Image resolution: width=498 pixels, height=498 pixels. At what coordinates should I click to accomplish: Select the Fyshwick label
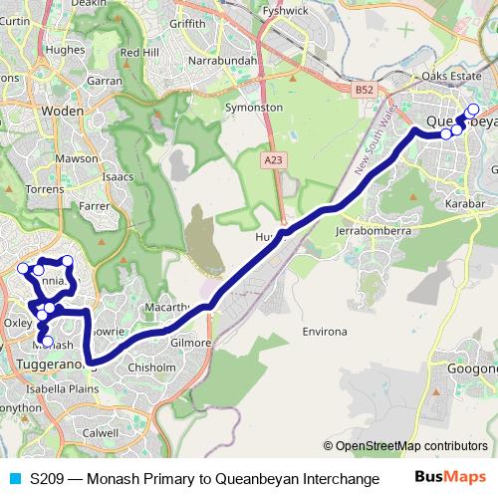pyautogui.click(x=291, y=12)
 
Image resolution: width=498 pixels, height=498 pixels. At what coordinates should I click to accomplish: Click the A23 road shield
pyautogui.click(x=274, y=159)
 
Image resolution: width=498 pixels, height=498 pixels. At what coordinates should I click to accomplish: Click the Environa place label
pyautogui.click(x=326, y=330)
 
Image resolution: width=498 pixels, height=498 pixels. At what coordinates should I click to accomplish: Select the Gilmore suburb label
pyautogui.click(x=190, y=343)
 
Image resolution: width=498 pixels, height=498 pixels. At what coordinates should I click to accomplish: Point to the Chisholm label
pyautogui.click(x=152, y=367)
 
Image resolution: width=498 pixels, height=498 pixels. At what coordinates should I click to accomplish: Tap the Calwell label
pyautogui.click(x=101, y=433)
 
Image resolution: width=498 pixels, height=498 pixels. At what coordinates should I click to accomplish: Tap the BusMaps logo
pyautogui.click(x=450, y=478)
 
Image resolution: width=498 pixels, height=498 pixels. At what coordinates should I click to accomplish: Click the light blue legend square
pyautogui.click(x=13, y=478)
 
